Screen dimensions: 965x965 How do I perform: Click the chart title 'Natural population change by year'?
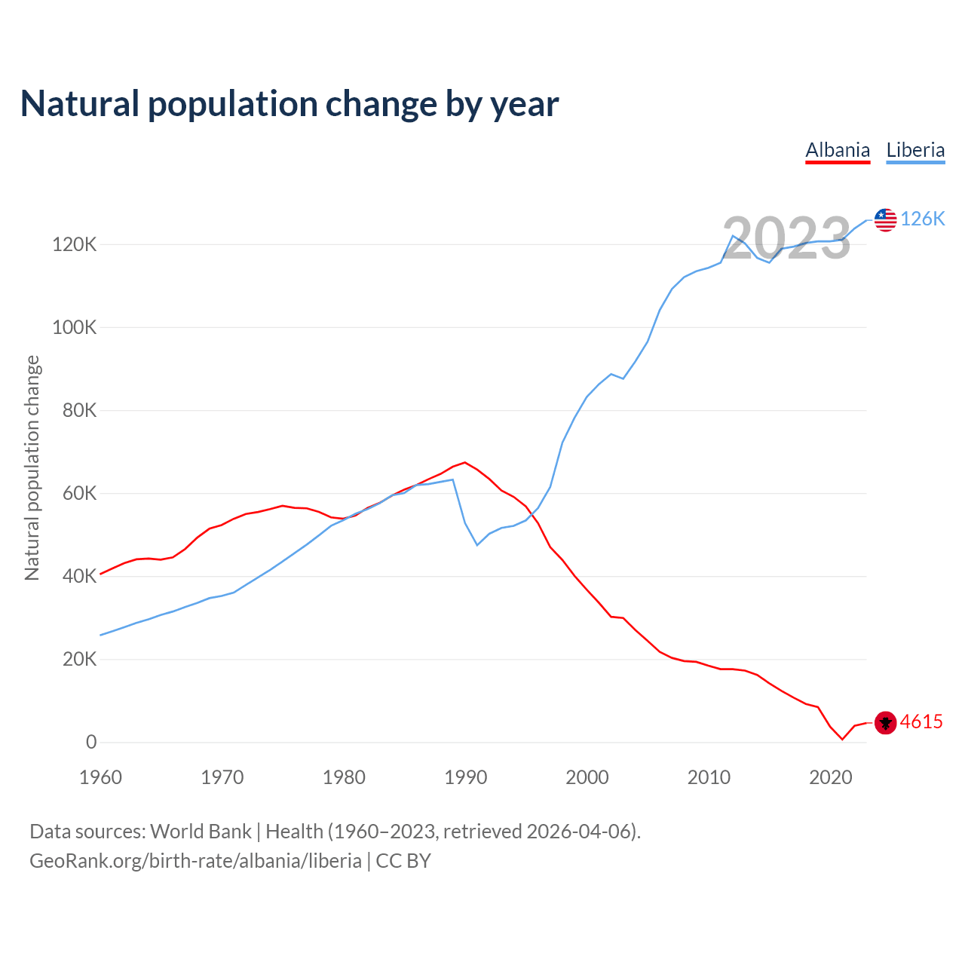click(x=289, y=104)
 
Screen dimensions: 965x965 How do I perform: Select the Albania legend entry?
click(x=838, y=150)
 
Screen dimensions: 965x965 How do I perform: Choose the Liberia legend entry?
click(x=915, y=150)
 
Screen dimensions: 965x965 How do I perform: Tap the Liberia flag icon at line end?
click(x=885, y=219)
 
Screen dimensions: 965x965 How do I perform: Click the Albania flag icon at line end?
click(x=885, y=722)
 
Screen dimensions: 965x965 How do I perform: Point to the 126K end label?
click(x=923, y=219)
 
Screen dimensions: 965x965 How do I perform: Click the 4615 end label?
click(x=921, y=721)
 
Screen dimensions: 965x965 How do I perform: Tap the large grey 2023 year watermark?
click(x=786, y=238)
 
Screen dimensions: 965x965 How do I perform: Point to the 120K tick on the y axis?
click(x=74, y=244)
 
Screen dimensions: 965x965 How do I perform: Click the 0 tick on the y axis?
click(x=91, y=742)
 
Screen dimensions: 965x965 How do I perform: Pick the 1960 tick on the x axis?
click(x=100, y=777)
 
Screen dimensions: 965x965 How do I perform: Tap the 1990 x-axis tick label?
click(x=465, y=777)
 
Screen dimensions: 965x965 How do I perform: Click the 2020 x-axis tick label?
click(x=830, y=777)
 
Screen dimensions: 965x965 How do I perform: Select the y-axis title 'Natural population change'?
click(x=32, y=467)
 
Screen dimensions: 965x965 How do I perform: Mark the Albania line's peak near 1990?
click(x=464, y=462)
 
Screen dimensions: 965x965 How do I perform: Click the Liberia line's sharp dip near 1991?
click(x=477, y=544)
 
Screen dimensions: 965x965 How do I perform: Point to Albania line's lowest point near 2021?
click(x=842, y=739)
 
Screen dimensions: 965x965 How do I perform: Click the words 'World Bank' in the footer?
click(x=201, y=832)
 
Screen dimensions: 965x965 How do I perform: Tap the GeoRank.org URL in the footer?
click(x=195, y=861)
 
